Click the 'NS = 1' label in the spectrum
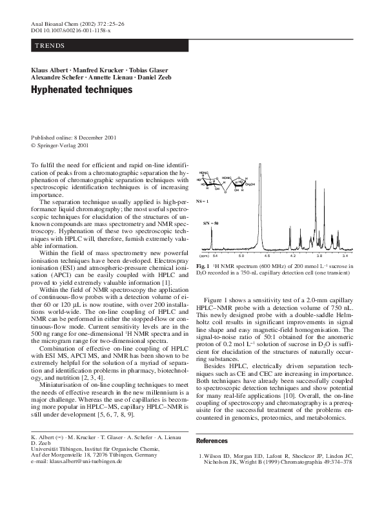pos(203,202)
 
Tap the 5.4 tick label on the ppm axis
pos(216,256)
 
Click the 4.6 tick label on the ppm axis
pos(267,256)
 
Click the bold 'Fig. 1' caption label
pos(202,265)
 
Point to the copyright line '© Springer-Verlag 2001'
pos(60,146)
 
